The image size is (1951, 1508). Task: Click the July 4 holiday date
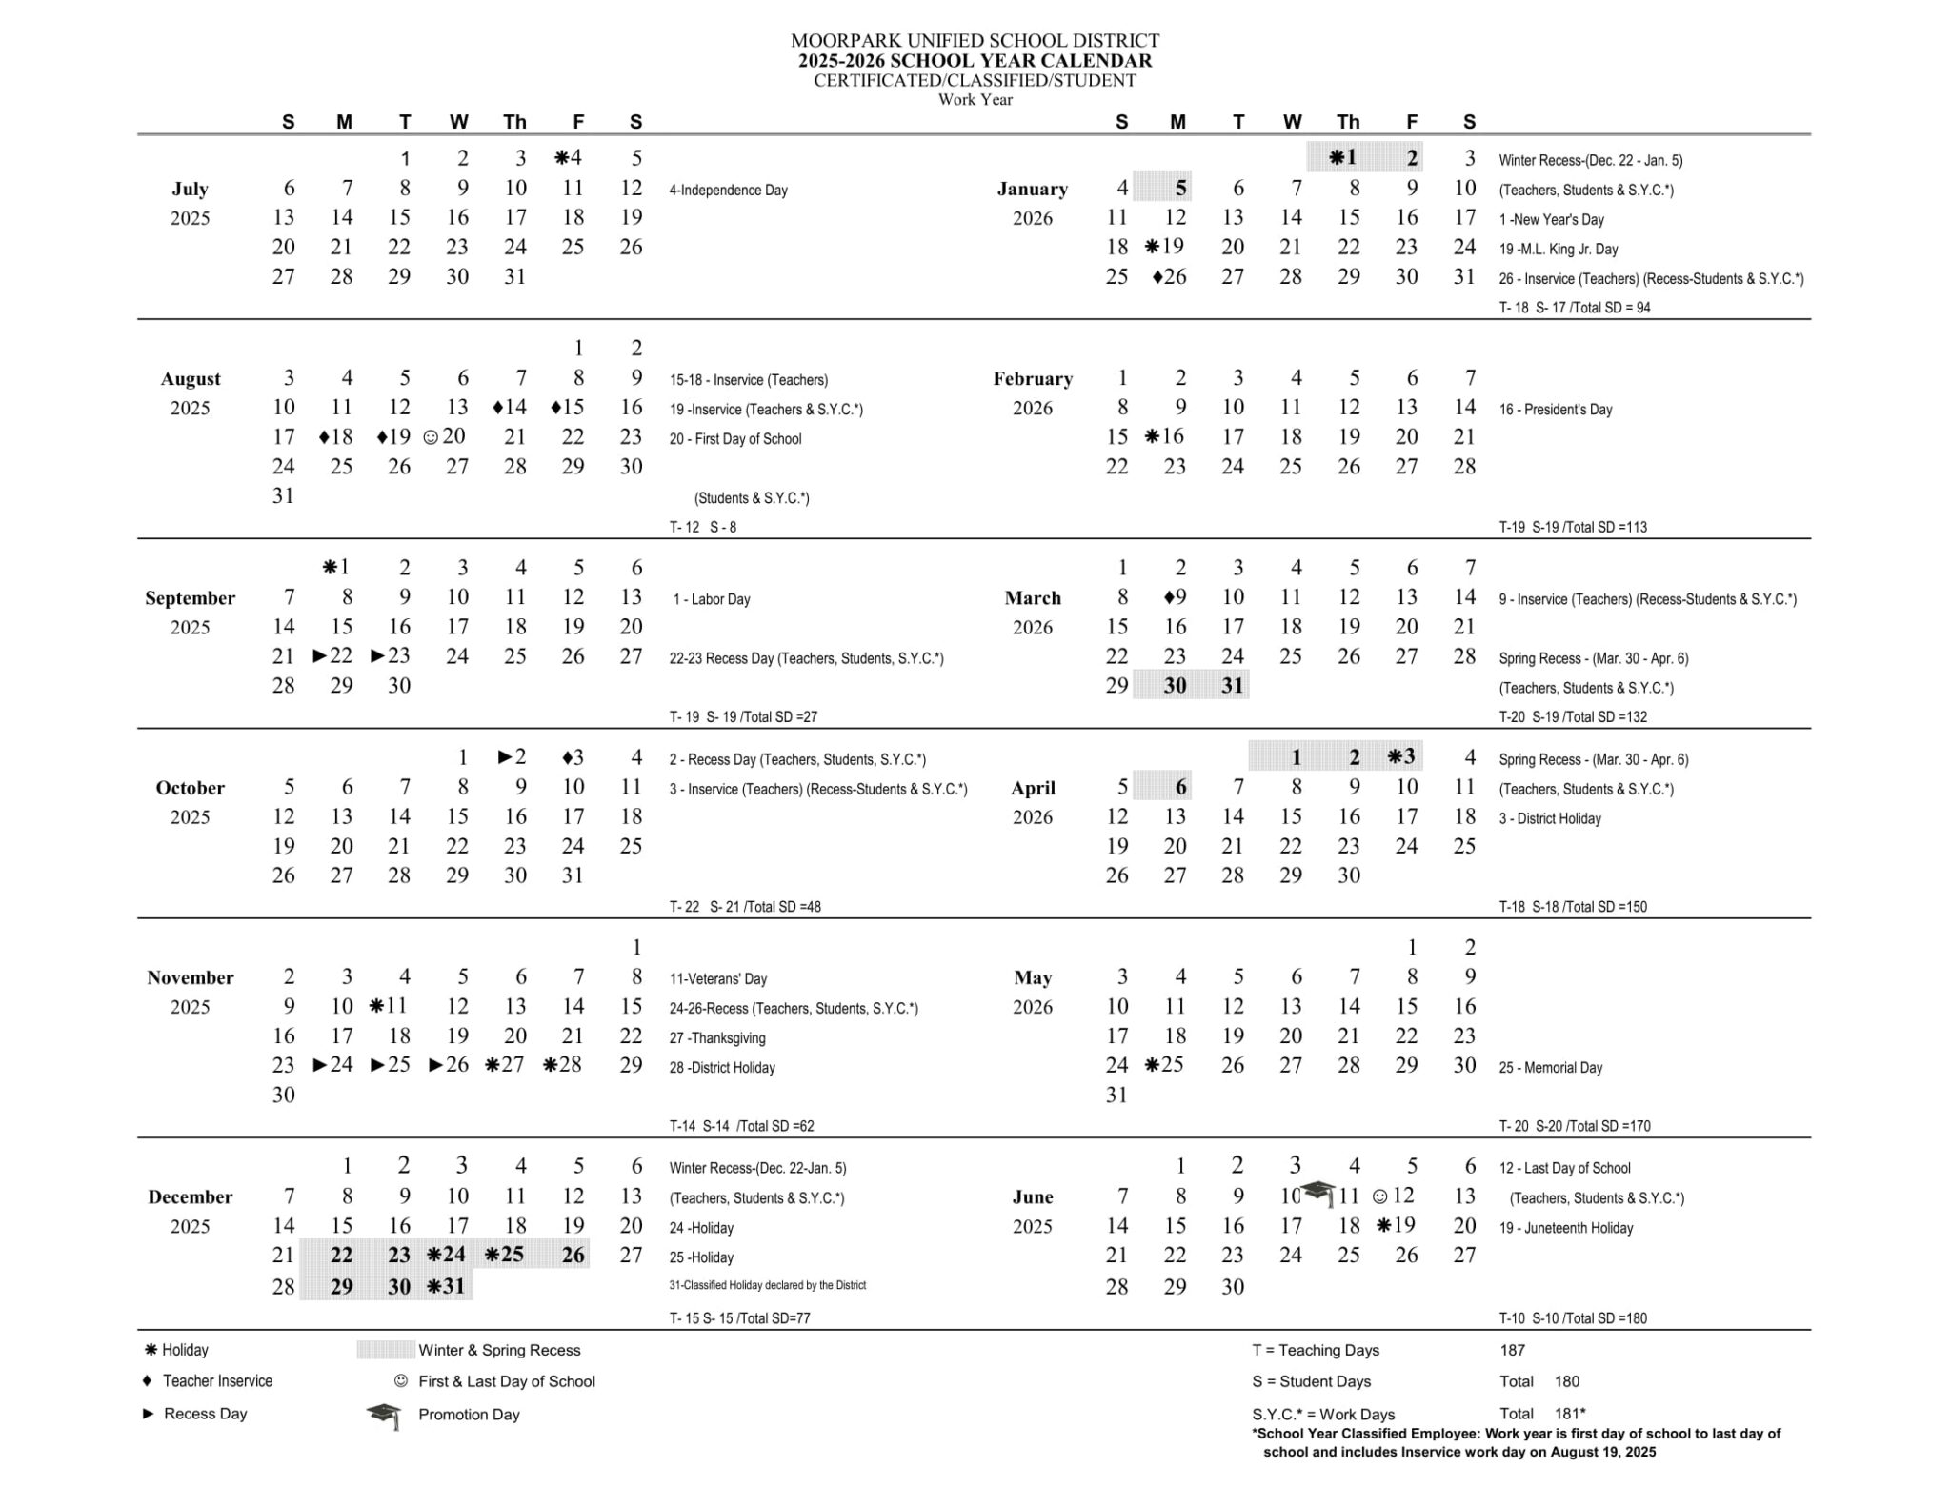[570, 158]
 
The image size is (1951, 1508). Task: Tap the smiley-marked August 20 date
[445, 436]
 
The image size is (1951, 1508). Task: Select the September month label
[190, 598]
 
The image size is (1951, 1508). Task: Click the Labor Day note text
[712, 599]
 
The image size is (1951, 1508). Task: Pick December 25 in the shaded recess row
[505, 1255]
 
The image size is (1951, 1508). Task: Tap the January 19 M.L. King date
[1165, 247]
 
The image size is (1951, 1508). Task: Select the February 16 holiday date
[1165, 436]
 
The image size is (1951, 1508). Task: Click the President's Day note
[1555, 410]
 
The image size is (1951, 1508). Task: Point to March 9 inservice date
[1175, 597]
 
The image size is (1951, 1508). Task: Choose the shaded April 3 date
[1401, 757]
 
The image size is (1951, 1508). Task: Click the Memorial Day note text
[1550, 1068]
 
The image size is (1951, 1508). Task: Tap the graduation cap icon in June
[1319, 1192]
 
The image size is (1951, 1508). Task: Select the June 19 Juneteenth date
[1397, 1225]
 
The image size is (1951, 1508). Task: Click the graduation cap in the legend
[383, 1416]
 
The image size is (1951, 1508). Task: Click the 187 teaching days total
[1512, 1350]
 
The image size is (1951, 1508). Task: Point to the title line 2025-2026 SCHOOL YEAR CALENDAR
[975, 61]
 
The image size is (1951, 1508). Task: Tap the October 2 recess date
[513, 757]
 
